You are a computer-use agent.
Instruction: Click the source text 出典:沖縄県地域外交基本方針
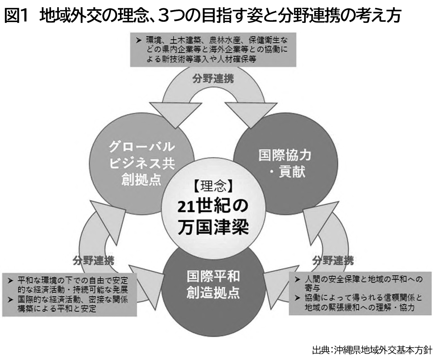371,350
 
